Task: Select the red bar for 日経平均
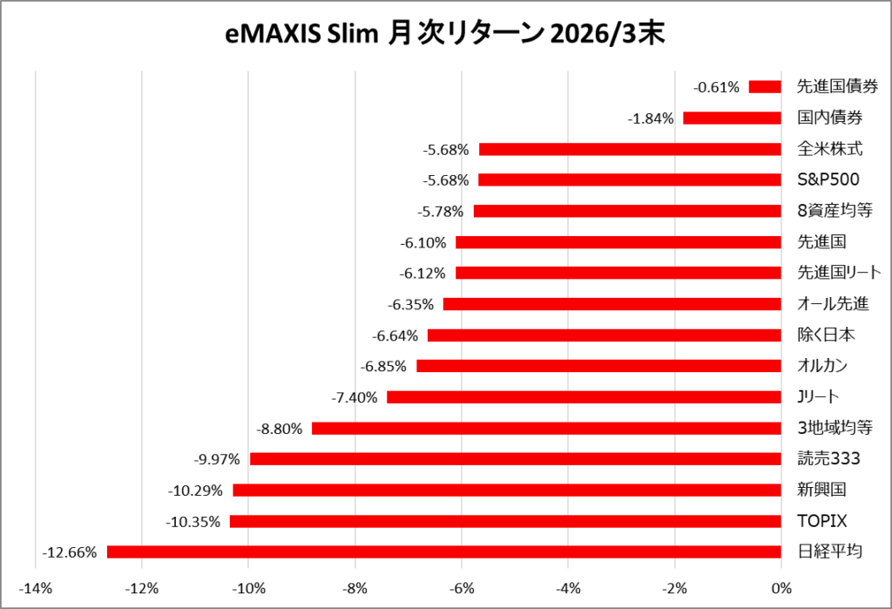[x=444, y=551]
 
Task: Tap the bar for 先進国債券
[x=765, y=86]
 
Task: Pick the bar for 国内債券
[x=732, y=118]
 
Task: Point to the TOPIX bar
[x=505, y=521]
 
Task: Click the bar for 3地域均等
[x=546, y=428]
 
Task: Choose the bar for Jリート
[x=584, y=397]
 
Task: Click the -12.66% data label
[x=69, y=552]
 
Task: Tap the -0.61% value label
[x=716, y=87]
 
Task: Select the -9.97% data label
[x=217, y=459]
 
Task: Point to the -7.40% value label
[x=355, y=397]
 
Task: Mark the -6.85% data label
[x=384, y=367]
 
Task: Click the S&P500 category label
[x=828, y=180]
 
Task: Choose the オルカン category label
[x=822, y=366]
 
